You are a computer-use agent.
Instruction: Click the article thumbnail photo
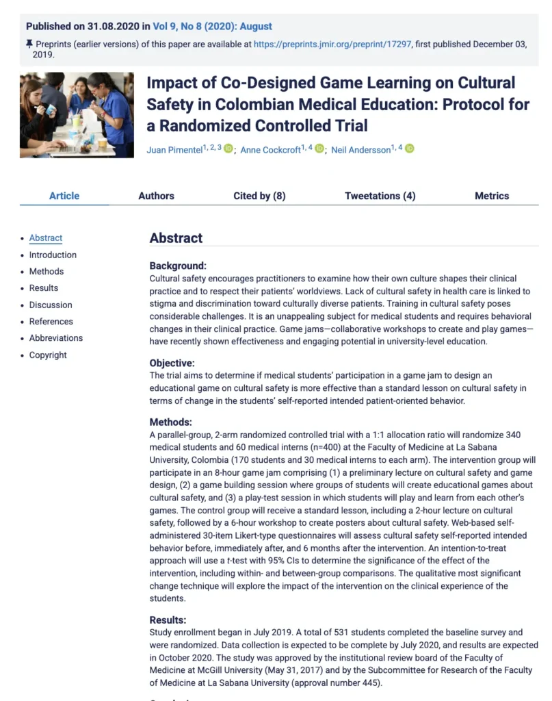77,115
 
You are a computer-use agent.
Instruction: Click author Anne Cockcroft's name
271,150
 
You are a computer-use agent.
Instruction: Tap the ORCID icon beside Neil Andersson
410,149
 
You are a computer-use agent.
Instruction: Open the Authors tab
156,196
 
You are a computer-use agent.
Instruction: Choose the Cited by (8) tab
259,196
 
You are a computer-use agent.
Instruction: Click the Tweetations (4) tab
380,196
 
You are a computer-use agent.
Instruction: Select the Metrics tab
492,196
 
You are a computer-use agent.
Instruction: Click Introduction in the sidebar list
53,255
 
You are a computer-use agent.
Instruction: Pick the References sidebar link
51,321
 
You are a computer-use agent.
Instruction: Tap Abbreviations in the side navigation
55,338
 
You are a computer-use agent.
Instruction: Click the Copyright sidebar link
48,355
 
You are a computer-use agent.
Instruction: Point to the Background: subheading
178,266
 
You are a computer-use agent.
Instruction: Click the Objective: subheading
172,363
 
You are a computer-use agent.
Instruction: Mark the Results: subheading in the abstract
168,620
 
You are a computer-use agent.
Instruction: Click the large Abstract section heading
176,238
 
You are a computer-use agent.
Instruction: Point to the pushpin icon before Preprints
29,44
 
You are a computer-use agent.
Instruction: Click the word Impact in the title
171,83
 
